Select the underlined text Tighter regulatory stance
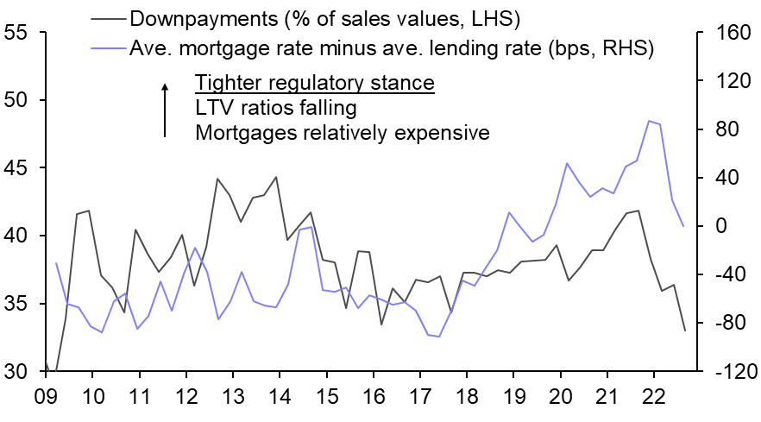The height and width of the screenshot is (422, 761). pos(314,84)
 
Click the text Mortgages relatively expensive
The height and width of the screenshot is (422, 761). pos(343,134)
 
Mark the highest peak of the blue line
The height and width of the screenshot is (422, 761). pos(648,121)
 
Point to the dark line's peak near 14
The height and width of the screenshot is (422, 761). pos(276,177)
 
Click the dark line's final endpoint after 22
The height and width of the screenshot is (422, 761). pos(685,331)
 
